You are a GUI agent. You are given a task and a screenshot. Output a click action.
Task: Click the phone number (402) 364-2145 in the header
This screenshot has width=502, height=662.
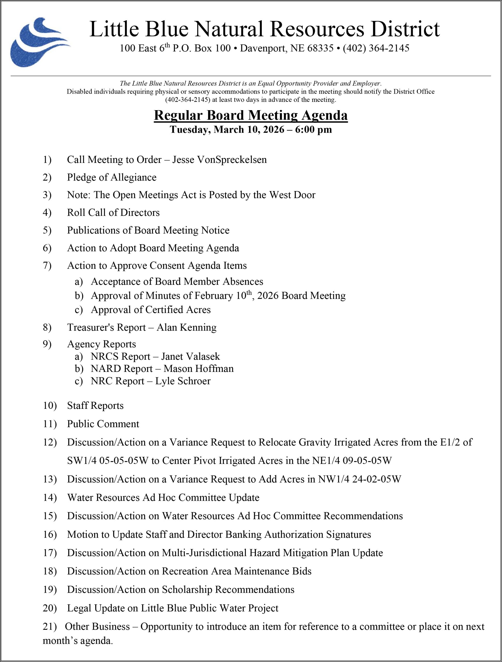coord(376,48)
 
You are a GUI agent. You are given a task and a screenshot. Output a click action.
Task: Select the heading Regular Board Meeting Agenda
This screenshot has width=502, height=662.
coord(251,116)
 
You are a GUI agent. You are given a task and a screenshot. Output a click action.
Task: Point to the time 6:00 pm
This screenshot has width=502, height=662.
coord(313,130)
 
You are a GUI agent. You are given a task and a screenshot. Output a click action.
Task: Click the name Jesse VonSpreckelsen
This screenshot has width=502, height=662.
coord(219,160)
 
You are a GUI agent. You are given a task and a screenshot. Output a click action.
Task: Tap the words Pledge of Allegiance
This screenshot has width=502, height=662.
coord(111,177)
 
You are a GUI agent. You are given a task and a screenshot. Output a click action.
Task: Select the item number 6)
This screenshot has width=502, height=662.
coord(47,248)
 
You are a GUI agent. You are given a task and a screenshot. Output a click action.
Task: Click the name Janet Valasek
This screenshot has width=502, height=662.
coord(190,356)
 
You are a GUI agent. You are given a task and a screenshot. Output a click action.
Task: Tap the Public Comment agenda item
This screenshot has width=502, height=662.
coord(103,424)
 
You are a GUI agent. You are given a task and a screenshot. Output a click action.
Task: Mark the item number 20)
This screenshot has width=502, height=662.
coord(49,608)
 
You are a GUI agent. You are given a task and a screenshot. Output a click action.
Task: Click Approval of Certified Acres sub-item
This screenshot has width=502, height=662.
coord(151,310)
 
